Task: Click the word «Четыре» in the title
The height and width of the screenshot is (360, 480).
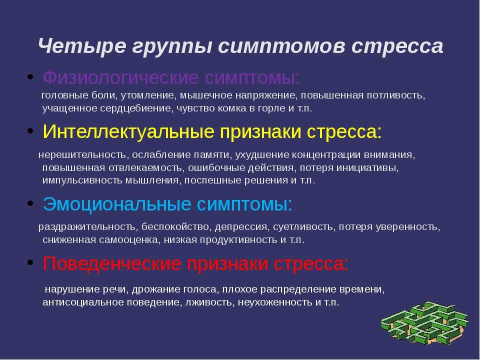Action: click(x=82, y=46)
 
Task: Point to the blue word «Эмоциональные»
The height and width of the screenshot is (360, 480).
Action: click(x=117, y=204)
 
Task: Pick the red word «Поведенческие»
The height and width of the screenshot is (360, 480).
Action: click(x=111, y=263)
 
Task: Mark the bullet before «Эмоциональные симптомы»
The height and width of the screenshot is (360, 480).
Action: click(x=30, y=203)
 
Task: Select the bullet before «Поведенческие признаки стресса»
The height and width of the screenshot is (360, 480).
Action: click(x=30, y=262)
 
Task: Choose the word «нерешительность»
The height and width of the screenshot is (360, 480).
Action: click(x=82, y=155)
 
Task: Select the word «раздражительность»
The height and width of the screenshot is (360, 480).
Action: click(x=87, y=227)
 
